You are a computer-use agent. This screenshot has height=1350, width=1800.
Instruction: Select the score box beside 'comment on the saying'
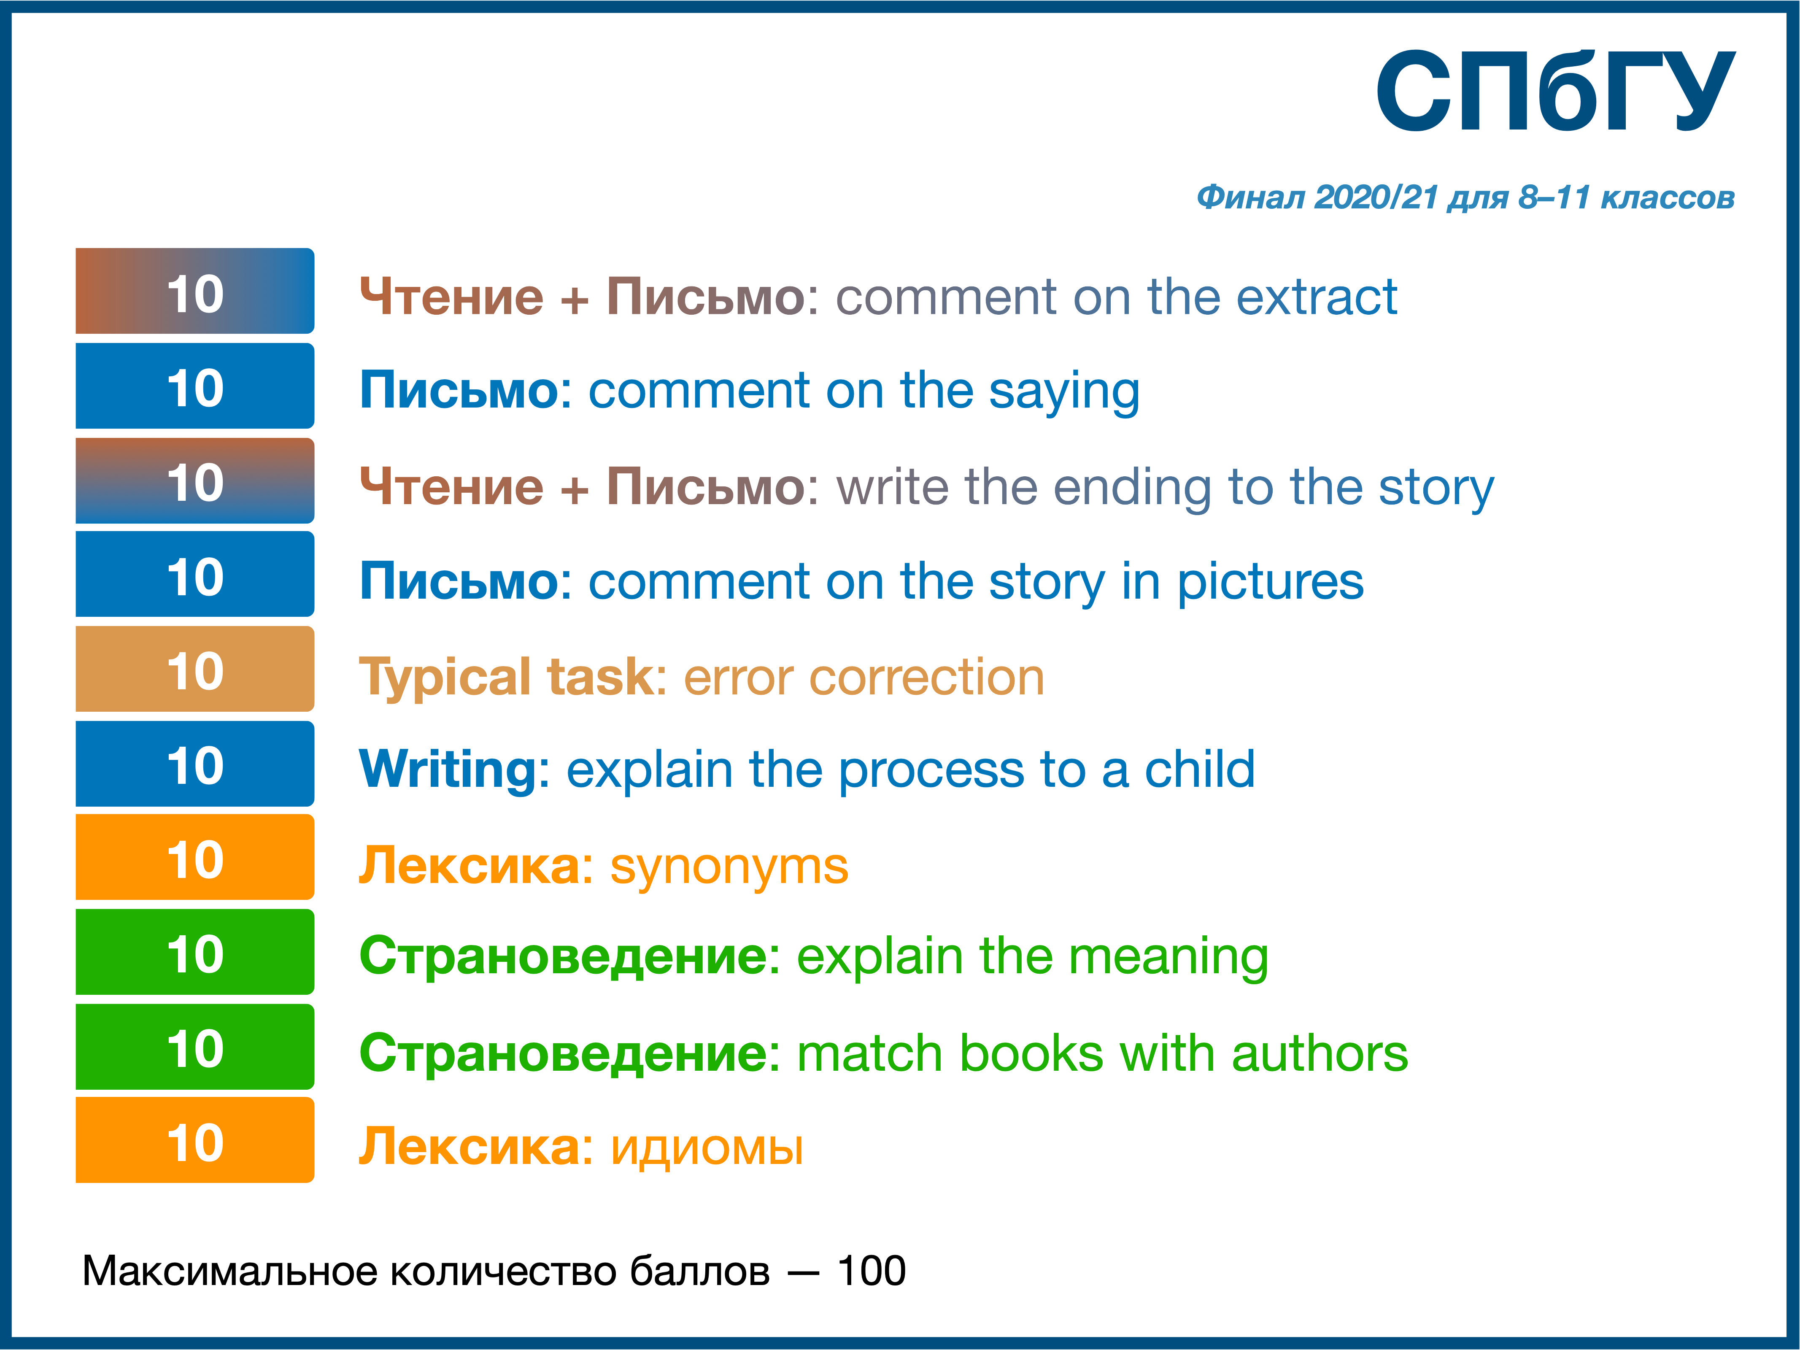click(x=195, y=386)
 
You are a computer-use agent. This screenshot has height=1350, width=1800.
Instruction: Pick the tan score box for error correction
click(x=195, y=669)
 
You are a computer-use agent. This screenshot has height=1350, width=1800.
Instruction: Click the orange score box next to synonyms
click(x=195, y=857)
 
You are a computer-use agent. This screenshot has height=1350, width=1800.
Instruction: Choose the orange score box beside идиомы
click(x=195, y=1140)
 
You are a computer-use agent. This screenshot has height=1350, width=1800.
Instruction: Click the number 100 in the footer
click(x=872, y=1271)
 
